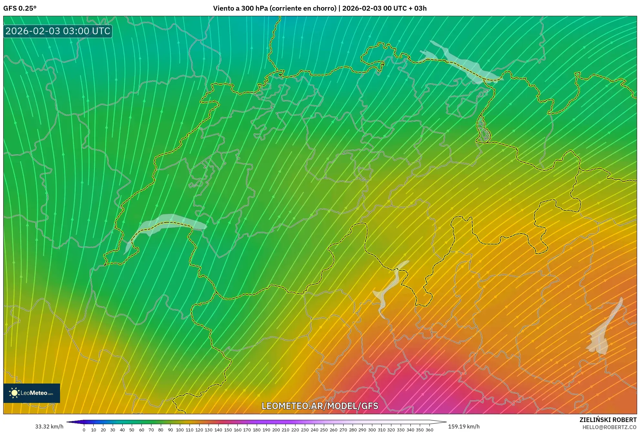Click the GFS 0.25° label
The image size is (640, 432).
20,8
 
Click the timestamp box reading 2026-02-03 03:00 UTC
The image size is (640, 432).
58,31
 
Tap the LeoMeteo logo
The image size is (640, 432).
32,393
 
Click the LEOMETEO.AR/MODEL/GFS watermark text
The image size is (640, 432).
320,406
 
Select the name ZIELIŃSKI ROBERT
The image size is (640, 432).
608,420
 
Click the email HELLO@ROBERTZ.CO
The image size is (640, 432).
609,427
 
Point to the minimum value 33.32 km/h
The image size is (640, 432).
49,427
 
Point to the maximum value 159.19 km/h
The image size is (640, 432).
464,427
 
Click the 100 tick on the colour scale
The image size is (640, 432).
180,429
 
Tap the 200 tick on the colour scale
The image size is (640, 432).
276,429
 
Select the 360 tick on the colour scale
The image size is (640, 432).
429,429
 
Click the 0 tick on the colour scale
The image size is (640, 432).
84,429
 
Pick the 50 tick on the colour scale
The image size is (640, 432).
132,429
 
